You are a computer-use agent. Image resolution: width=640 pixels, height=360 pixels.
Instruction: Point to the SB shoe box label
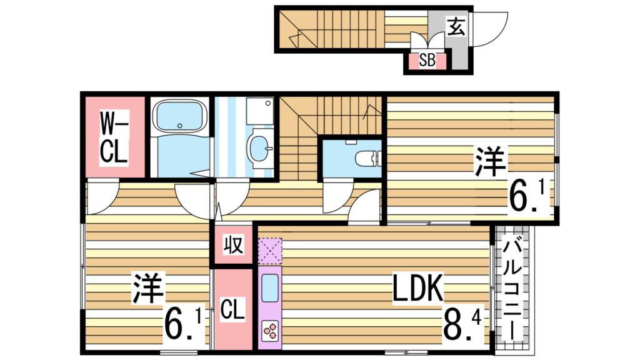[x=427, y=61]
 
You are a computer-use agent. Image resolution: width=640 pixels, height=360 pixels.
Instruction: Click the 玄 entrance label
[x=456, y=27]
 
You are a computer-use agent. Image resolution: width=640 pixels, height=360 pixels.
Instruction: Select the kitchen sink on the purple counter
[x=271, y=287]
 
